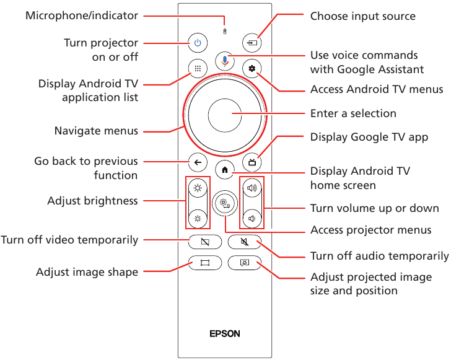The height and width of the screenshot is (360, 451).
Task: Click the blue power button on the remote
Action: tap(197, 43)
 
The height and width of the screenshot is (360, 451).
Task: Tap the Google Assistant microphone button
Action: tap(225, 60)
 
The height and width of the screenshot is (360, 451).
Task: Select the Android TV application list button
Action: tap(197, 69)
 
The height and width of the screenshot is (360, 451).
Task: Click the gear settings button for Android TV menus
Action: tap(252, 69)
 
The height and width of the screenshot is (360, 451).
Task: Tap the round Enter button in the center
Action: tap(225, 115)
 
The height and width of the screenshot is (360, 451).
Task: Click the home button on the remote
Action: tap(224, 169)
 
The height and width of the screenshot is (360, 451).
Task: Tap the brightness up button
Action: tap(198, 188)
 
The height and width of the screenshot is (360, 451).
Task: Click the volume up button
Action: tap(252, 188)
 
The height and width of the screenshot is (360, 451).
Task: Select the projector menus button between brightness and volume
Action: tap(224, 203)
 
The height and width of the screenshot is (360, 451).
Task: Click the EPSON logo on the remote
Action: tap(224, 333)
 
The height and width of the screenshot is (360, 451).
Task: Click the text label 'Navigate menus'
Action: tap(96, 131)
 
